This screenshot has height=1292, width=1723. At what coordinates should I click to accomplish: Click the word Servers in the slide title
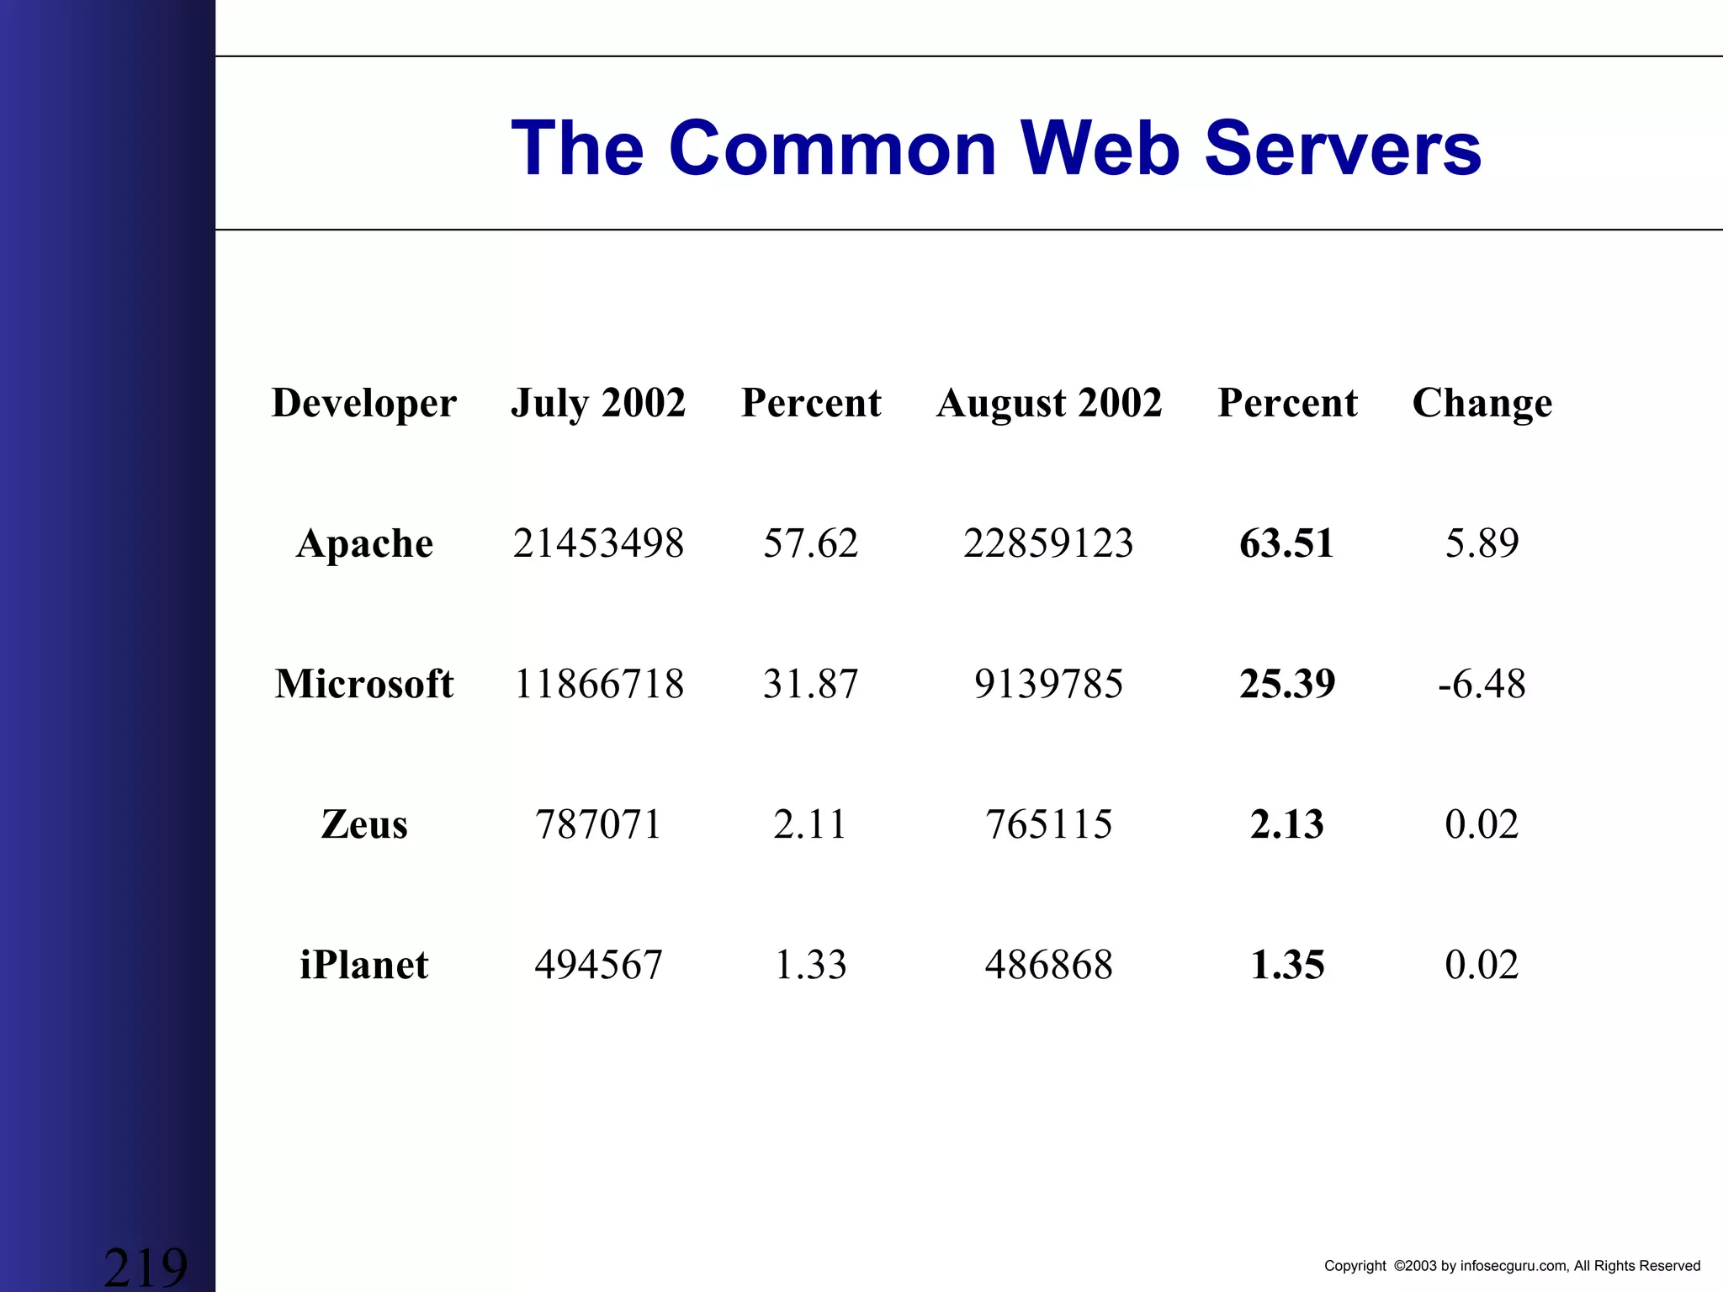click(1343, 149)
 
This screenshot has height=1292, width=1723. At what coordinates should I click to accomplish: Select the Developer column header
click(364, 403)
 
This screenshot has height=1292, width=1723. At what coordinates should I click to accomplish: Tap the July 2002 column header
click(598, 403)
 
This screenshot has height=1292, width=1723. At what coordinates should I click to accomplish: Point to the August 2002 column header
click(1049, 403)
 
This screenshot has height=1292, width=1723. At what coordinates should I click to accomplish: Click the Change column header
click(1482, 403)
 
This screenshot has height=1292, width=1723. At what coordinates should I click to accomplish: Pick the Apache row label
click(364, 543)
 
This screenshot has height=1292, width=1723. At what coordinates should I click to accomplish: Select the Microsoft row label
click(364, 683)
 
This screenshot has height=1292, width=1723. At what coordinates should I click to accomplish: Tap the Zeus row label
click(364, 824)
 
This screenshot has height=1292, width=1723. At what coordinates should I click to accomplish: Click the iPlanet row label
click(364, 965)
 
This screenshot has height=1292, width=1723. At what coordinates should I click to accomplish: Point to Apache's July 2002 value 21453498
click(598, 543)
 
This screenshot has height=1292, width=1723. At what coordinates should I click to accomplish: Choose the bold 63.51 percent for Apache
click(1286, 543)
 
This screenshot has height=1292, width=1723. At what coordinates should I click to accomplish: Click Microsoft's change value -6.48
click(1482, 683)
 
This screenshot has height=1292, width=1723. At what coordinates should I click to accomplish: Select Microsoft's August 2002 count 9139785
click(1048, 683)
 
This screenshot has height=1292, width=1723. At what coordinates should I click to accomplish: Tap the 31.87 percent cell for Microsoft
click(810, 683)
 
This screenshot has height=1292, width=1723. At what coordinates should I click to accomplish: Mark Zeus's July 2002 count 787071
click(598, 824)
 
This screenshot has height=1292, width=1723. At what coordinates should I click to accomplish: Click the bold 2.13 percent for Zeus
click(1286, 824)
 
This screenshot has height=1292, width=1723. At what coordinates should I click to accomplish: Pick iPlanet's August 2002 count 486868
click(1048, 965)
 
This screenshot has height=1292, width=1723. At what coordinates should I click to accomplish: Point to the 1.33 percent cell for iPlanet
click(810, 965)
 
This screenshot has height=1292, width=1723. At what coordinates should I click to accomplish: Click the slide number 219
click(146, 1267)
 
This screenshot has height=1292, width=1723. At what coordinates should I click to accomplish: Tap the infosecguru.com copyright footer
click(1512, 1266)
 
